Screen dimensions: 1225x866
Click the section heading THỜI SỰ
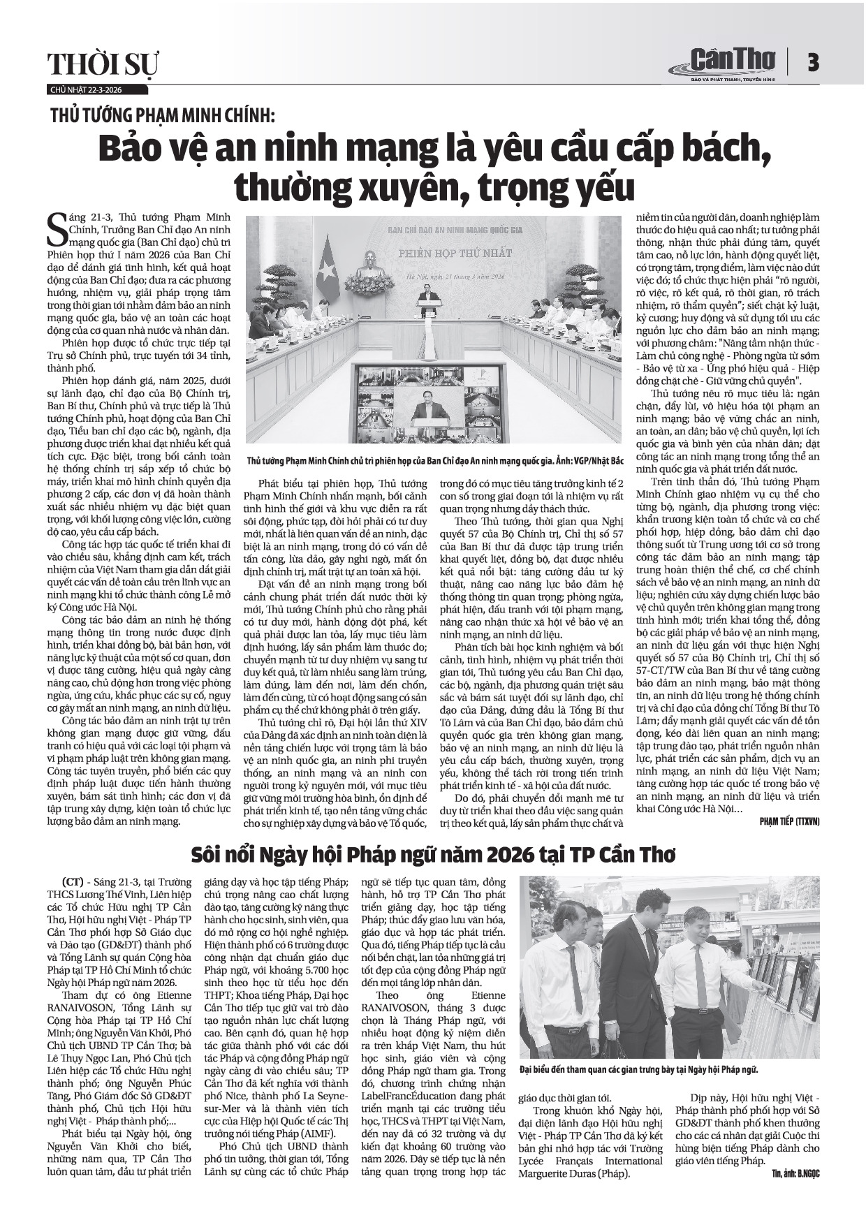tap(103, 65)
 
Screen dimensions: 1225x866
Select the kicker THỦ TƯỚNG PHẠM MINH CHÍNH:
tap(163, 115)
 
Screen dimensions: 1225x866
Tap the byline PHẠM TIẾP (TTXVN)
tap(789, 821)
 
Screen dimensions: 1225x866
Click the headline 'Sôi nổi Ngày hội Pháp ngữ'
tap(434, 855)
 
